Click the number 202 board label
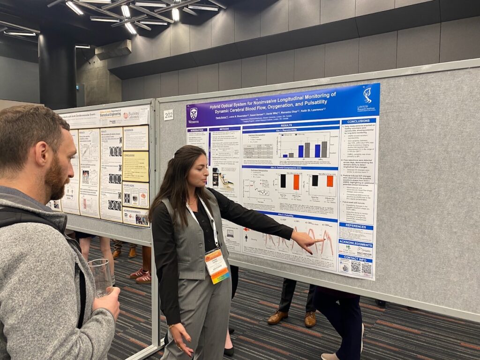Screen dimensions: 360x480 [168, 115]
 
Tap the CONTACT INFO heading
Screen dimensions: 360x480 [355, 258]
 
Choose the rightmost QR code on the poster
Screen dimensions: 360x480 [367, 269]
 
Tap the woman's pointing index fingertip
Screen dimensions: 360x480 [323, 240]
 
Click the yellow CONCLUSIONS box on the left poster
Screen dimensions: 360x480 [135, 166]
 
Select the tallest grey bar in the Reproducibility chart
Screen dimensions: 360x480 [324, 149]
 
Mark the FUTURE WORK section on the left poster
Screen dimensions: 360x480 [135, 195]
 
